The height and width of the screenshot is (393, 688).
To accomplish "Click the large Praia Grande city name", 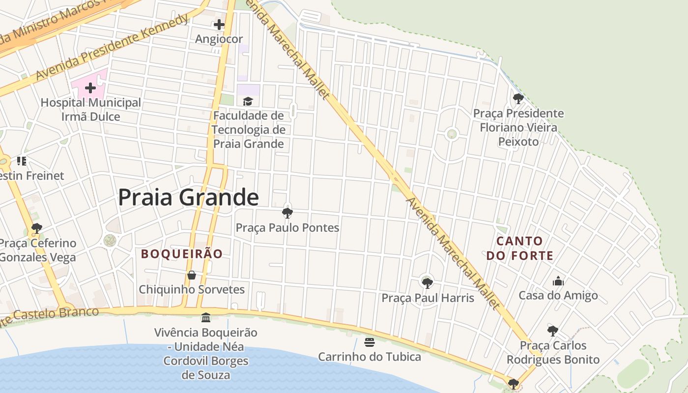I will (188, 197).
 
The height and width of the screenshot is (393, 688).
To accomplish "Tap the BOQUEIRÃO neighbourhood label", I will (182, 254).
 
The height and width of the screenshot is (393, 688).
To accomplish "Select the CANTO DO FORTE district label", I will (520, 248).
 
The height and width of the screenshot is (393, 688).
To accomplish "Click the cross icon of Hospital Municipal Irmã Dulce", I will (90, 88).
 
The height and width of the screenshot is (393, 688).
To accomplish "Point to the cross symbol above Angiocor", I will (219, 24).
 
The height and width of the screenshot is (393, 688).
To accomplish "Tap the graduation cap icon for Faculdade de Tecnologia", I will (248, 101).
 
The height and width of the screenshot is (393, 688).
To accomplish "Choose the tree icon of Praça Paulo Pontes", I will (287, 213).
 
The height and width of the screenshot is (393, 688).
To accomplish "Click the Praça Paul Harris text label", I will (428, 298).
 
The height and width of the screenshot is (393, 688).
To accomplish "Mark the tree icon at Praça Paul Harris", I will (427, 283).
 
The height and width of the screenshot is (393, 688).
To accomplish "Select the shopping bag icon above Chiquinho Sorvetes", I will (192, 275).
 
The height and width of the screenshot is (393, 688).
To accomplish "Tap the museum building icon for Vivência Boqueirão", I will (206, 317).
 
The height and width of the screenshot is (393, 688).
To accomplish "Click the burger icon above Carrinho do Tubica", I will (370, 342).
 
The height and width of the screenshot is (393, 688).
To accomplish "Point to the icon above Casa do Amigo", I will (558, 281).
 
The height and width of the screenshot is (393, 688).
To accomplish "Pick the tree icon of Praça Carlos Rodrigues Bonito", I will (553, 331).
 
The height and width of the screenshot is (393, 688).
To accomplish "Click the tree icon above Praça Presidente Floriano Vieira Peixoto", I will (518, 99).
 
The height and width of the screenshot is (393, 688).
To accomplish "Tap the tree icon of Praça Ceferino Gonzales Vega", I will (36, 228).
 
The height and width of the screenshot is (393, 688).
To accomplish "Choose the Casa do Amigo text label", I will (558, 295).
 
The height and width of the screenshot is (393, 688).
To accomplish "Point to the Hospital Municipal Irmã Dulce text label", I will (90, 110).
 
